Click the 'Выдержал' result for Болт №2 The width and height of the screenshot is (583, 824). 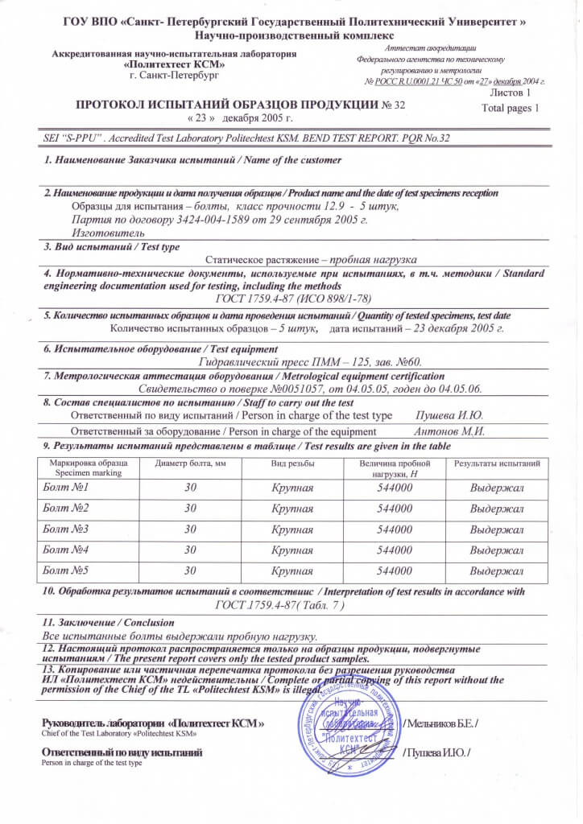[x=497, y=509]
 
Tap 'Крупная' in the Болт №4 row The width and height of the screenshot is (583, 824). [x=292, y=550]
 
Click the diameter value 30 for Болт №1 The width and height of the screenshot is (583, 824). [x=190, y=488]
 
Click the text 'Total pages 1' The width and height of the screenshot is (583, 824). [x=509, y=108]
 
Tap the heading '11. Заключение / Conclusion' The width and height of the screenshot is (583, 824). [x=96, y=621]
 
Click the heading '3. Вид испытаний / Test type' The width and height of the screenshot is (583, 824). [x=111, y=246]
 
